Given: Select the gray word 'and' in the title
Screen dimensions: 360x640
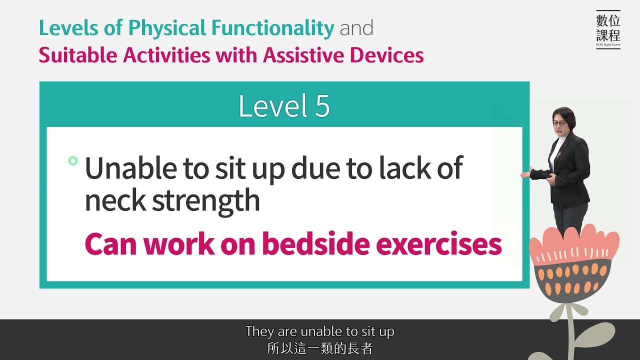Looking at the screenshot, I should (356, 28).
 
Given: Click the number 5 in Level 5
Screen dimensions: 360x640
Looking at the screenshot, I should (322, 106).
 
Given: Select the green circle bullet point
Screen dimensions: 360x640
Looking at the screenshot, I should (73, 160).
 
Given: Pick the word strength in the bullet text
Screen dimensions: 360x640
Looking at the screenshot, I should (206, 201).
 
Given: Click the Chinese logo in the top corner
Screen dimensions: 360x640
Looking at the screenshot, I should (608, 29).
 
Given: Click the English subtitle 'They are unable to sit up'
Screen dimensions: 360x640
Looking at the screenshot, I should (319, 331).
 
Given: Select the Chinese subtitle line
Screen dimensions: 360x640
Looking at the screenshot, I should (319, 348).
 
